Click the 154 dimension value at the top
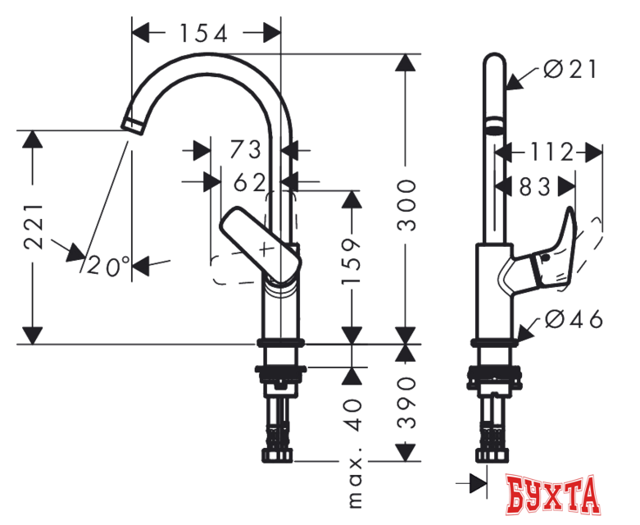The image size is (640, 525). pos(205,33)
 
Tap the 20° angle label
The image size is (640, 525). pos(109,265)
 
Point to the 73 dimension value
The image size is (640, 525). pos(245,150)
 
